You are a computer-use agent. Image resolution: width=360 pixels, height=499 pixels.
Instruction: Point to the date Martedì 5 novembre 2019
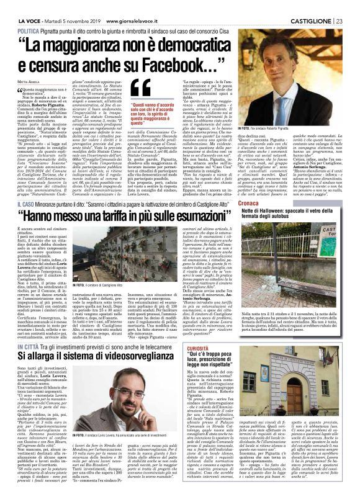(x=63, y=6)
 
